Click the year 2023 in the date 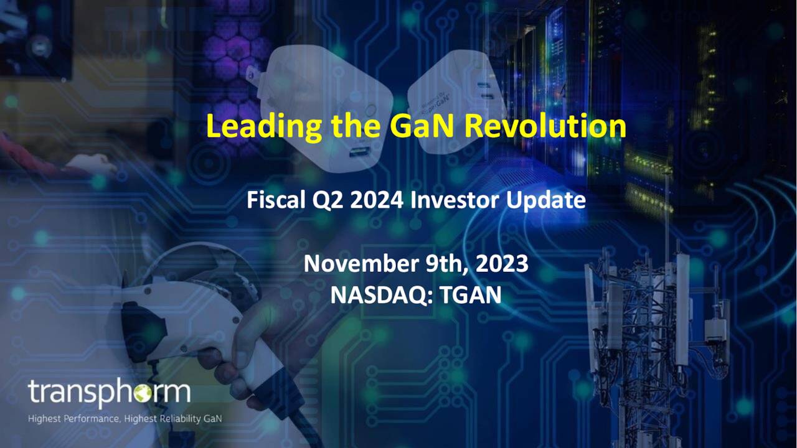[x=502, y=263]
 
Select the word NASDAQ [x=381, y=294]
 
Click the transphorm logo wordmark [x=109, y=393]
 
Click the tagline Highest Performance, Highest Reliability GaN [x=125, y=419]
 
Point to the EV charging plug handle [x=187, y=324]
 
